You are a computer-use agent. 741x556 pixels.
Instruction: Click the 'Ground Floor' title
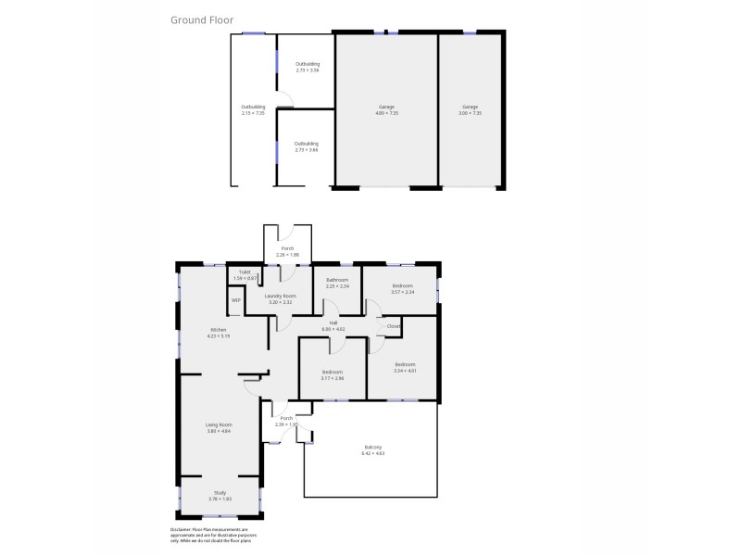pyautogui.click(x=202, y=19)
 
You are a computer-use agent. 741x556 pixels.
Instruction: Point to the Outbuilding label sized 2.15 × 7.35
pyautogui.click(x=253, y=110)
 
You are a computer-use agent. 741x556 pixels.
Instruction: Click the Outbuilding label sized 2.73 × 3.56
pyautogui.click(x=307, y=67)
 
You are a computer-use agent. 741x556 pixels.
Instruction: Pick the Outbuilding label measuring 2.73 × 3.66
pyautogui.click(x=307, y=146)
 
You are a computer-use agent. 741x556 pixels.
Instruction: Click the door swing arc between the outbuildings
pyautogui.click(x=286, y=102)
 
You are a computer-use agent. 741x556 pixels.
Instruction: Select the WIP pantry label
pyautogui.click(x=235, y=300)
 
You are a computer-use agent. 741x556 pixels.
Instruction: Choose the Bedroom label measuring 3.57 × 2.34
pyautogui.click(x=402, y=289)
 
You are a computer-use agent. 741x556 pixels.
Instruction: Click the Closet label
pyautogui.click(x=393, y=326)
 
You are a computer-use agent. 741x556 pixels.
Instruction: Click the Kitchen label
pyautogui.click(x=219, y=333)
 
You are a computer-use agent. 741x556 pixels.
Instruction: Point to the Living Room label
pyautogui.click(x=219, y=428)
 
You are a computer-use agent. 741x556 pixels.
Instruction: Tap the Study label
pyautogui.click(x=220, y=496)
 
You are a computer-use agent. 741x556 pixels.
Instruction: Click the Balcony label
pyautogui.click(x=371, y=451)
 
